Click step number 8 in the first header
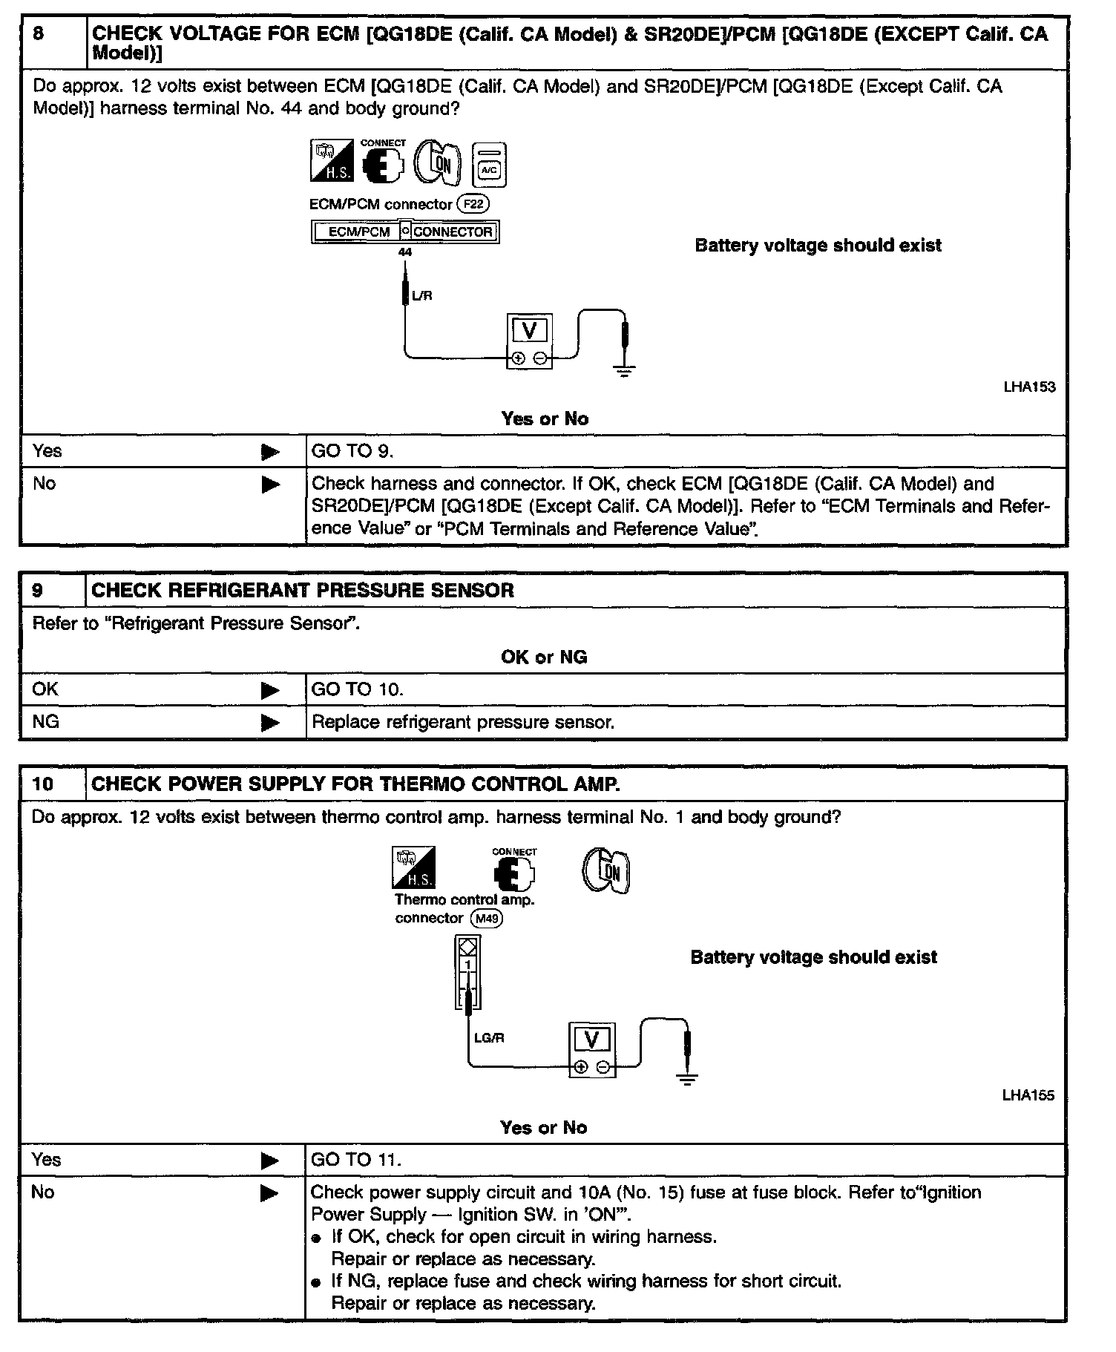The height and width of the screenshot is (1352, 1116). [x=39, y=34]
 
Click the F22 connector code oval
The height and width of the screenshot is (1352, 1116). [x=473, y=204]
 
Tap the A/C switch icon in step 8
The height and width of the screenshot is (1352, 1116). [x=489, y=165]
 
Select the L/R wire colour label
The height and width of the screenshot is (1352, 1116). [x=421, y=295]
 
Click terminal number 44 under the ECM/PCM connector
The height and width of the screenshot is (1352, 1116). [x=405, y=252]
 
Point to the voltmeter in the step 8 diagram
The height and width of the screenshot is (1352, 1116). [x=529, y=341]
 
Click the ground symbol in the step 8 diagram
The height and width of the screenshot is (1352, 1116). [x=625, y=370]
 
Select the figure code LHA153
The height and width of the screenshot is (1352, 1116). [x=1029, y=387]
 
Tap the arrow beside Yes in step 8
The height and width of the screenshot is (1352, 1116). [x=271, y=452]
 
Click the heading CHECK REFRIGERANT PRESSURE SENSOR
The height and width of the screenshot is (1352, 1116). [x=302, y=591]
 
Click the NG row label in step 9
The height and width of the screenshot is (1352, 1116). [x=46, y=721]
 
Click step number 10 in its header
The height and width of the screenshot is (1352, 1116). [x=43, y=784]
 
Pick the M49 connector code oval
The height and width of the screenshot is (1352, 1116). [x=487, y=919]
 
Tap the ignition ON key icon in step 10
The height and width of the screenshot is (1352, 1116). [x=605, y=870]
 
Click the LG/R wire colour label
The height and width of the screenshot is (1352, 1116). [x=489, y=1037]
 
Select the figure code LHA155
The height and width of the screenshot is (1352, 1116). [x=1028, y=1095]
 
